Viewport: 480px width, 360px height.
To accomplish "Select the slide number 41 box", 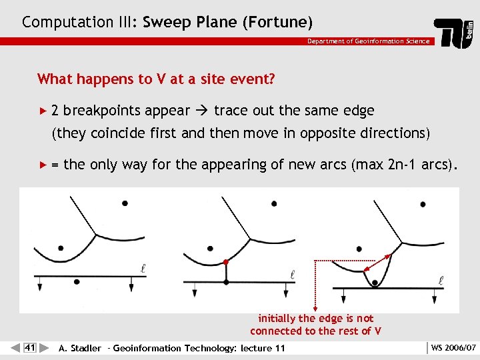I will pos(29,347).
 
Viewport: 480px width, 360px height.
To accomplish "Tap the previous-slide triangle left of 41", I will pos(15,347).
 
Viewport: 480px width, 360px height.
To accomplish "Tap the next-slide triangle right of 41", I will pos(44,347).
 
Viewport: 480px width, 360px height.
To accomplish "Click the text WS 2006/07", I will pos(454,348).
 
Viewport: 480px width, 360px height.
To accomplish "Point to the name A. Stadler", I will pos(80,348).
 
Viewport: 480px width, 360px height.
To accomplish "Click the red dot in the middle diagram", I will pos(226,262).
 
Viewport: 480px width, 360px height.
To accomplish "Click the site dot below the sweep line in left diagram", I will pos(77,281).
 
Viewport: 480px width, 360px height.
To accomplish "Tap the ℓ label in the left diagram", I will pos(143,268).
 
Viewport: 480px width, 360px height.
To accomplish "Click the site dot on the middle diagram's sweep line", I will pos(226,280).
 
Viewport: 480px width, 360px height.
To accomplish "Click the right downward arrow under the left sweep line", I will pos(130,285).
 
